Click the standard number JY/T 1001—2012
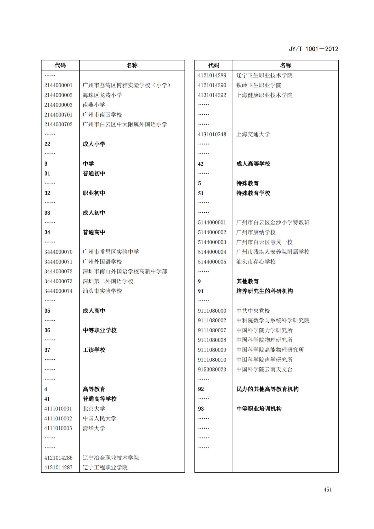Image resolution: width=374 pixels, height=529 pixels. (x=314, y=49)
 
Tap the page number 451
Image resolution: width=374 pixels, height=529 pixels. (x=328, y=490)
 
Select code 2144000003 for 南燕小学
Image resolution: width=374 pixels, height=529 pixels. (x=58, y=105)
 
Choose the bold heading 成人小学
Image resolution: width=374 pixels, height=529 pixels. (x=94, y=144)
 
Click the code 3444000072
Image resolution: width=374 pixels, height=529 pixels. (x=58, y=271)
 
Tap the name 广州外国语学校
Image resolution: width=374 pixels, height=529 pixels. (x=102, y=262)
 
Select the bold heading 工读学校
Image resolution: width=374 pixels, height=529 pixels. (x=94, y=350)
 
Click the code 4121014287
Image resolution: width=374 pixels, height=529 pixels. (x=58, y=467)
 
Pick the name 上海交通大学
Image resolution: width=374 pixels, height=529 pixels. (x=253, y=134)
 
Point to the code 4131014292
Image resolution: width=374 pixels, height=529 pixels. (x=212, y=95)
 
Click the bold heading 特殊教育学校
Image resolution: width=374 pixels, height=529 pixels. (x=253, y=193)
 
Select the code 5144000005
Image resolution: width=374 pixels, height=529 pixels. (x=212, y=262)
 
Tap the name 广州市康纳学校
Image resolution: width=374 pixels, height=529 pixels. (x=256, y=232)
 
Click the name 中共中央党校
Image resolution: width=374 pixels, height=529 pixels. (x=253, y=311)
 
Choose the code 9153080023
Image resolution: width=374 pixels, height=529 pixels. (x=212, y=370)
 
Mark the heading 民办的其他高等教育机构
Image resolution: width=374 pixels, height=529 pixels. (x=267, y=389)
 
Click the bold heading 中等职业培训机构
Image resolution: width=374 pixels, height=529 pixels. (x=259, y=409)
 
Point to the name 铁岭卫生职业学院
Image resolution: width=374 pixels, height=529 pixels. (x=259, y=85)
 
